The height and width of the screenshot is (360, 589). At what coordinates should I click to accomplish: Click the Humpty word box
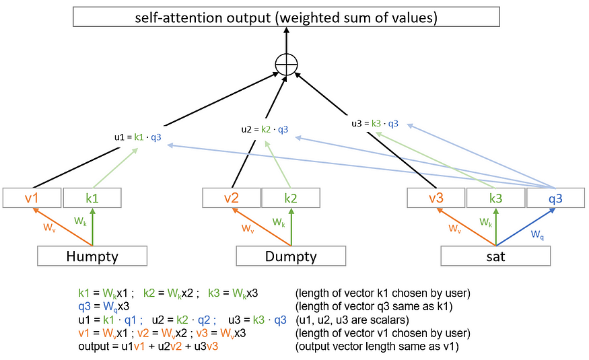(92, 256)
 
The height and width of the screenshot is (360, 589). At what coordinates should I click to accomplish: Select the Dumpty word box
(291, 256)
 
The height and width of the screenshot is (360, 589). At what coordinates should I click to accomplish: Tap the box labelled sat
(495, 256)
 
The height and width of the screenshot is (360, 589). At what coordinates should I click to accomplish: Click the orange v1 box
(32, 198)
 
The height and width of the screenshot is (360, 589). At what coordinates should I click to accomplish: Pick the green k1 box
(92, 198)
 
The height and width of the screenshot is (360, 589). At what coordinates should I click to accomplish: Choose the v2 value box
(232, 198)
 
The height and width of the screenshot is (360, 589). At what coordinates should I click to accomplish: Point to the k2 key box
(291, 198)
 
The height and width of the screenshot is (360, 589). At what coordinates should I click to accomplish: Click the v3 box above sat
(436, 198)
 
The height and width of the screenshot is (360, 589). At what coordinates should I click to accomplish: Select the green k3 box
(495, 198)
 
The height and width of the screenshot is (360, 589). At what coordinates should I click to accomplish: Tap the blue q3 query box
(555, 198)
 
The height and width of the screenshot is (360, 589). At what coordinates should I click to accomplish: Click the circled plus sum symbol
(287, 66)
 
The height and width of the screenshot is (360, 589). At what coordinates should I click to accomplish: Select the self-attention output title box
(287, 17)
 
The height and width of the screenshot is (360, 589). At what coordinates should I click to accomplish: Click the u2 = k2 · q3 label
(265, 129)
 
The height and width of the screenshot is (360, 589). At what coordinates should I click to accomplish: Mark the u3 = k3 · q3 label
(375, 123)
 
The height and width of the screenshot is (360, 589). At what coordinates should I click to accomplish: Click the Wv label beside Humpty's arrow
(49, 228)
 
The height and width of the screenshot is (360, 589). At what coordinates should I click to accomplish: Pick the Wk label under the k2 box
(279, 221)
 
